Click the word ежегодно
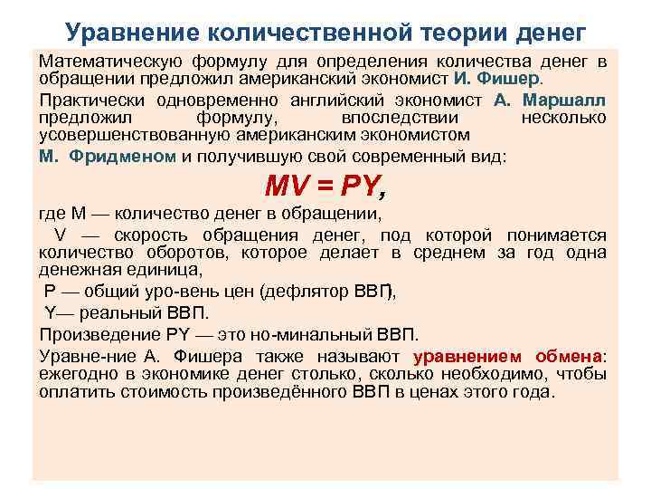[x=74, y=374]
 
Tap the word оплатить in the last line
[x=74, y=392]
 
